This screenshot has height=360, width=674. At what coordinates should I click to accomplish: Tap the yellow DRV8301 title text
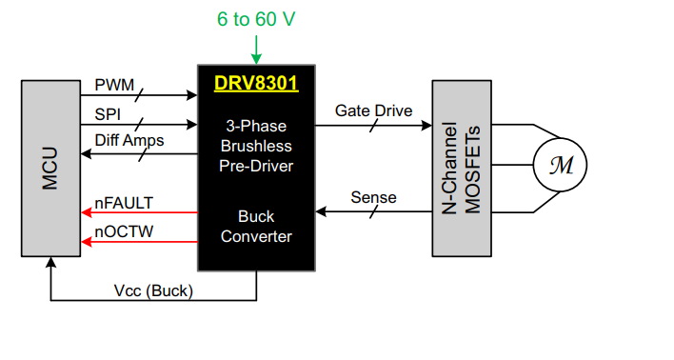click(256, 84)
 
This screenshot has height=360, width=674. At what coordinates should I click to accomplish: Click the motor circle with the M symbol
click(562, 166)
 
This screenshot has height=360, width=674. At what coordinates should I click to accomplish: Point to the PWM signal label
click(114, 86)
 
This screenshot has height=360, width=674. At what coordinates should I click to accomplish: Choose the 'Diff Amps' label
click(129, 141)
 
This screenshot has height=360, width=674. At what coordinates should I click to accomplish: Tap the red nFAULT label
click(124, 202)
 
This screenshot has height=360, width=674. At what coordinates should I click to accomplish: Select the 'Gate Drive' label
click(373, 110)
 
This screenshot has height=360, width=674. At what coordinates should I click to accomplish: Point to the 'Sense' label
click(373, 198)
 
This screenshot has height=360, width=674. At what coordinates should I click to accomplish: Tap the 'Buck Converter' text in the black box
click(256, 226)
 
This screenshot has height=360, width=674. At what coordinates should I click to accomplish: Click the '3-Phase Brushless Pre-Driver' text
click(256, 146)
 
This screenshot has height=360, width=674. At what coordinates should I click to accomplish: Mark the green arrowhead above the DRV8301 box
click(256, 59)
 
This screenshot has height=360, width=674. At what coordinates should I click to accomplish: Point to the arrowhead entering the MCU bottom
click(50, 264)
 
